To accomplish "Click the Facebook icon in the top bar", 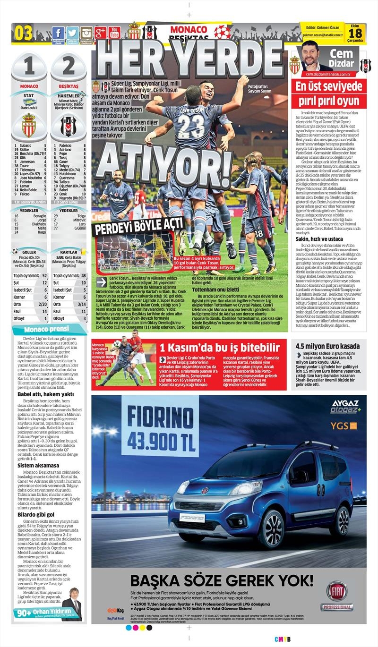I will click(x=58, y=34).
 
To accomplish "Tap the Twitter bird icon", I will click(x=72, y=34).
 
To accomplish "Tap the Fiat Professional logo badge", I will click(x=336, y=596).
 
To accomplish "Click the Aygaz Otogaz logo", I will click(x=345, y=407).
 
